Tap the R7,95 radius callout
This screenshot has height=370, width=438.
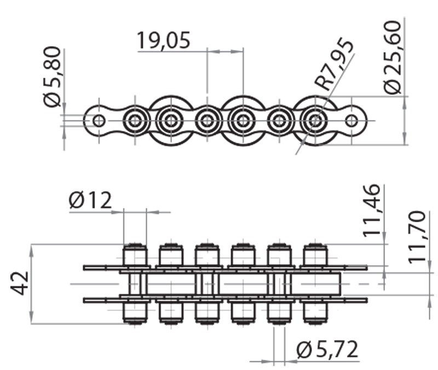pos(335,65)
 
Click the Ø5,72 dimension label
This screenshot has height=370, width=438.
pos(327,349)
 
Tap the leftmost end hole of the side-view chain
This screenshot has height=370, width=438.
pos(99,120)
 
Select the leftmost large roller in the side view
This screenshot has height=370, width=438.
pos(170,120)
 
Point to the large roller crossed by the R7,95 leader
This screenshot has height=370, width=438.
pos(315,120)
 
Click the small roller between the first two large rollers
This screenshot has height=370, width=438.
pos(206,120)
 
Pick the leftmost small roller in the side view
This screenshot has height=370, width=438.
pos(134,120)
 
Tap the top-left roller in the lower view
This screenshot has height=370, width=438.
pos(135,255)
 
